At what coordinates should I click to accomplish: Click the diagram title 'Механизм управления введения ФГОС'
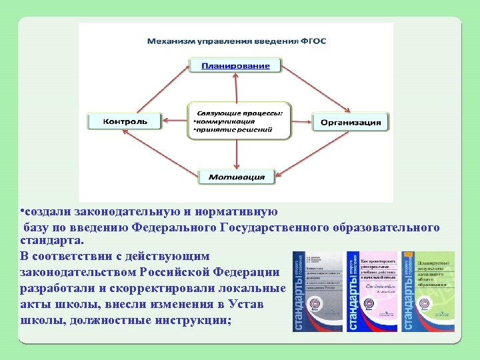point(237,41)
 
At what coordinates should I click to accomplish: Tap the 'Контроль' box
point(125,121)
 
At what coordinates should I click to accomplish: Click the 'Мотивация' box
point(237,177)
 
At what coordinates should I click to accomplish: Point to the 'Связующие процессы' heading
point(238,113)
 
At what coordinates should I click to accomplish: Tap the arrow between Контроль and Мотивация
point(163,153)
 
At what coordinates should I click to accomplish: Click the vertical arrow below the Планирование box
point(237,87)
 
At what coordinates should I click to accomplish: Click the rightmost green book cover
point(428,291)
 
